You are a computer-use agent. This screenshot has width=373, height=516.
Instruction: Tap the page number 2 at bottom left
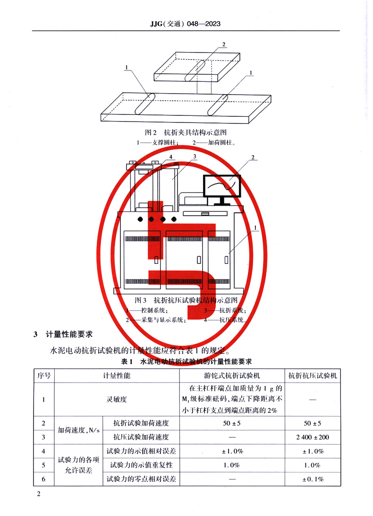[39, 494]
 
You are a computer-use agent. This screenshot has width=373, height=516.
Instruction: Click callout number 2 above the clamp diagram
[224, 45]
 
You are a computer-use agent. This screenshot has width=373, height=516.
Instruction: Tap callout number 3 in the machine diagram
[194, 156]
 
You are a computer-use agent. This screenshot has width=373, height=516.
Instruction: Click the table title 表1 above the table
[186, 362]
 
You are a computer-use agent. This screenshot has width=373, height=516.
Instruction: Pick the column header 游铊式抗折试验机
[232, 376]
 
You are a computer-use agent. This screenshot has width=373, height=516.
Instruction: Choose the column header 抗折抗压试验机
[313, 376]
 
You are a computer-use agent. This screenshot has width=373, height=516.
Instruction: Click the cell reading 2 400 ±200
[313, 437]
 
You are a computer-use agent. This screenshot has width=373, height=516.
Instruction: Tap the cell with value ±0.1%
[313, 479]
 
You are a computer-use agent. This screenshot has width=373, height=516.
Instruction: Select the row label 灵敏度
[116, 399]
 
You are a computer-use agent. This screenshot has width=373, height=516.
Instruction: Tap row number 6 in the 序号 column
[44, 479]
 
